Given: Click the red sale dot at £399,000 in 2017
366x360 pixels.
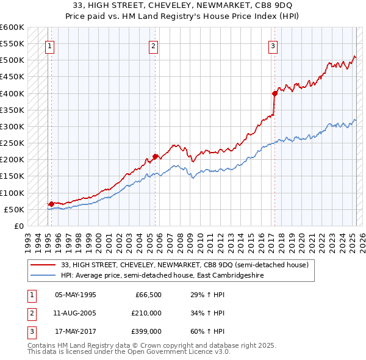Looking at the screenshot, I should tap(274, 93).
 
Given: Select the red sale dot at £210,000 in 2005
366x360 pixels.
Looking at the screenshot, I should tap(156, 156).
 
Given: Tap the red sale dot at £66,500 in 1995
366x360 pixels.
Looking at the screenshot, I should tap(51, 204).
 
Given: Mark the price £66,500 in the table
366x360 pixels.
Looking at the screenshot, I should tap(147, 294).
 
